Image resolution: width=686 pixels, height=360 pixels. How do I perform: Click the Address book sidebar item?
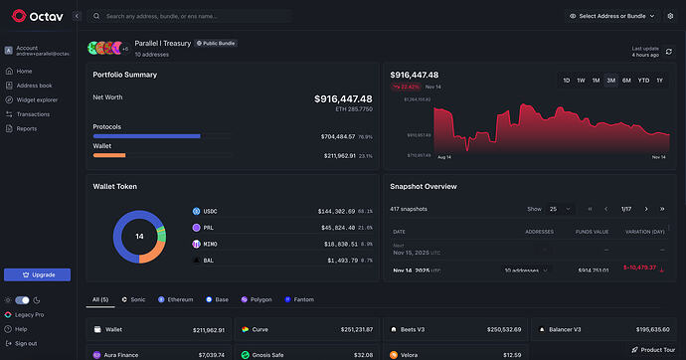tap(35, 86)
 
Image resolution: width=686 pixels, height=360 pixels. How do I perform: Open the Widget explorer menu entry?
tap(37, 99)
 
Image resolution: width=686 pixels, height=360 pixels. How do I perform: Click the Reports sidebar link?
tap(27, 128)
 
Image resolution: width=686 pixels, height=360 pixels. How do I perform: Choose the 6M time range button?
tap(626, 80)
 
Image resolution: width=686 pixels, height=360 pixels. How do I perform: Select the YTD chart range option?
tap(642, 80)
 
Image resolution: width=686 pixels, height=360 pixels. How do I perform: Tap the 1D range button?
tap(566, 80)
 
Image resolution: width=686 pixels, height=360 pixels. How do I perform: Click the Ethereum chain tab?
tap(176, 298)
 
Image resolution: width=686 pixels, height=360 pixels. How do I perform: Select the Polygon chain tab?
tap(257, 298)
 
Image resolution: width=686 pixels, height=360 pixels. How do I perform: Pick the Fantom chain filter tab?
tap(301, 298)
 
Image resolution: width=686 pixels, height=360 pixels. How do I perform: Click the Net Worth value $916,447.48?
tap(343, 98)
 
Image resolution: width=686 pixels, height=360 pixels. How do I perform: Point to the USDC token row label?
tap(211, 211)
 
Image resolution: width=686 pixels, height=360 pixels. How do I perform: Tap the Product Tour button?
tap(652, 349)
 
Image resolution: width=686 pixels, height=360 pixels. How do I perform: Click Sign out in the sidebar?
tap(26, 342)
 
